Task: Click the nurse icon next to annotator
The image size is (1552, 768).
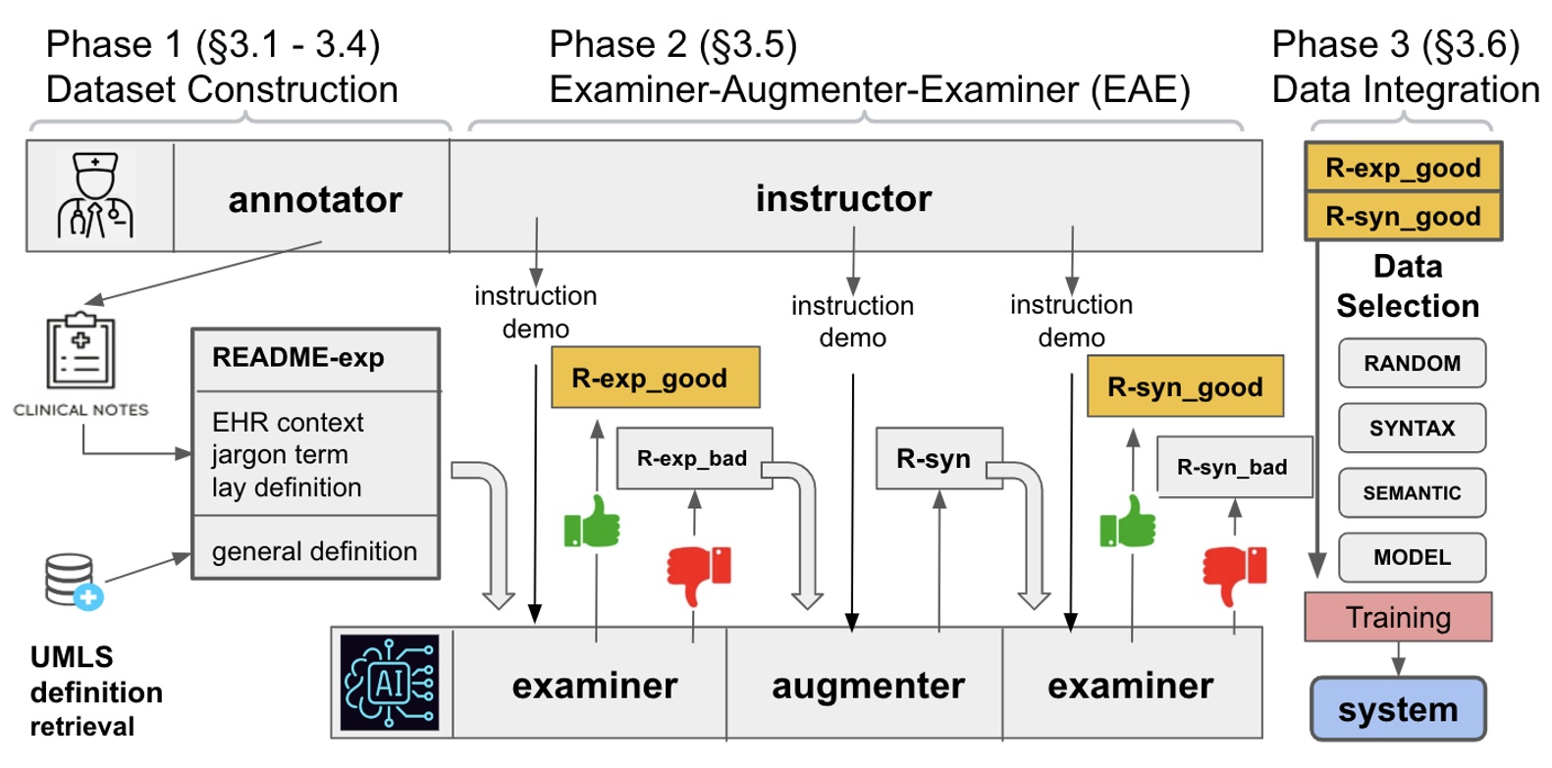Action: click(95, 195)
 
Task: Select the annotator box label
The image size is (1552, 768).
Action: click(314, 199)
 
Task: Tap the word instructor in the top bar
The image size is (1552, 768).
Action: click(842, 198)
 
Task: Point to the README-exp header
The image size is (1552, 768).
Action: click(298, 357)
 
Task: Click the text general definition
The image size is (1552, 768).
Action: click(314, 551)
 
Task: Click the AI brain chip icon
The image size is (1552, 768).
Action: click(390, 683)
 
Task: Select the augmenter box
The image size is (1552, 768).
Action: click(868, 685)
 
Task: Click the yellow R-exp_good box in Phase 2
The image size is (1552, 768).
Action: click(655, 378)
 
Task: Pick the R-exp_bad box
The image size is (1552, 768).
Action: click(693, 458)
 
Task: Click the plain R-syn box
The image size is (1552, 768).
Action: click(937, 458)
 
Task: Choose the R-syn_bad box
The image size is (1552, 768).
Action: click(1233, 467)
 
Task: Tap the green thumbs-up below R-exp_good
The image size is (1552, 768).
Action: click(593, 523)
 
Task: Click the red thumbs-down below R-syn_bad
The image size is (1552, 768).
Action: click(1234, 573)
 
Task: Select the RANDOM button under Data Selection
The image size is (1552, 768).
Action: click(1411, 363)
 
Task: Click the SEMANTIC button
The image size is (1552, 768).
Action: click(1411, 492)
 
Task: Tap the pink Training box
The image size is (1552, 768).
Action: click(1397, 617)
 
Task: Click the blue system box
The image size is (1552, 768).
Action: click(1397, 708)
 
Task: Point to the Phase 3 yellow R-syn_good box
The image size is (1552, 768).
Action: click(1402, 217)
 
